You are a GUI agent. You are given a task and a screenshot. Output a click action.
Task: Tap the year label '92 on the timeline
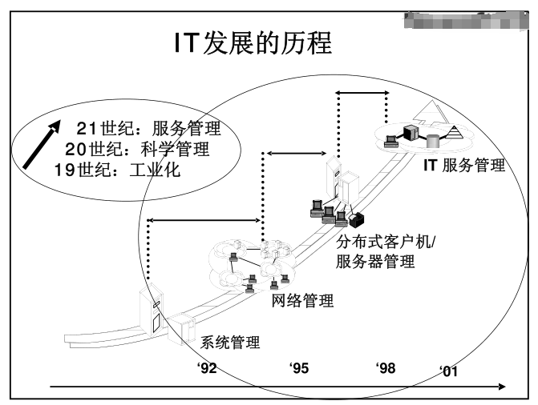click(207, 367)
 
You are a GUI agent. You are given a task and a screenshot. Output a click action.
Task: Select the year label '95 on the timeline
click(299, 367)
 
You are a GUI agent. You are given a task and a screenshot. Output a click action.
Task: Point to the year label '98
click(386, 367)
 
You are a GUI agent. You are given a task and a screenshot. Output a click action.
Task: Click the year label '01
click(449, 371)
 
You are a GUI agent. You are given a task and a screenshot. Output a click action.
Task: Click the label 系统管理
click(229, 343)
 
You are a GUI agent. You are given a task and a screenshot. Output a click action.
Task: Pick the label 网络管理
click(304, 301)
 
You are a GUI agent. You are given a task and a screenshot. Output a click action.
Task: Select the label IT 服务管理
click(464, 166)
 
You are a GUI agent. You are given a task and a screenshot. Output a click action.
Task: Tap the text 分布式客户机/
click(385, 243)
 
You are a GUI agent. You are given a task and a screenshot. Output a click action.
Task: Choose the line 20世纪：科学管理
click(136, 149)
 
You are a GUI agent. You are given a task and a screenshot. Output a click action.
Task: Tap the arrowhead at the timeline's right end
click(502, 387)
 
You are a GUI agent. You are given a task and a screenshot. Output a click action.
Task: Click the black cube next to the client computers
click(355, 218)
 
